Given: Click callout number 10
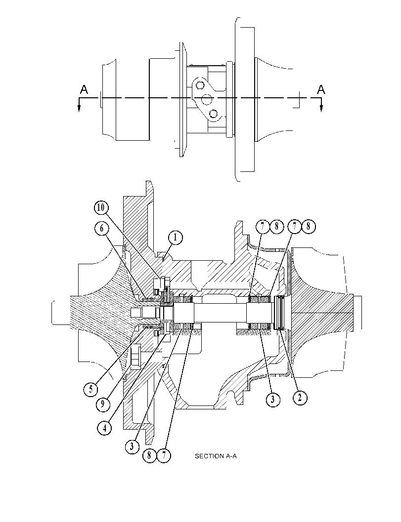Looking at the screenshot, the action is point(101,208).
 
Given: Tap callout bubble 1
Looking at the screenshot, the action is point(176,238).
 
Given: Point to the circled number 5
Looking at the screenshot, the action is point(90,389).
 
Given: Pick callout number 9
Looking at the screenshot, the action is point(103,404).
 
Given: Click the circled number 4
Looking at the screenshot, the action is point(105,428).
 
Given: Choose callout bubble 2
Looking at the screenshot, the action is point(300,397).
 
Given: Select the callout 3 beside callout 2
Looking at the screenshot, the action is point(273,399).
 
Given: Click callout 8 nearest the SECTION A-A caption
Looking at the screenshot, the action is point(149,455).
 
